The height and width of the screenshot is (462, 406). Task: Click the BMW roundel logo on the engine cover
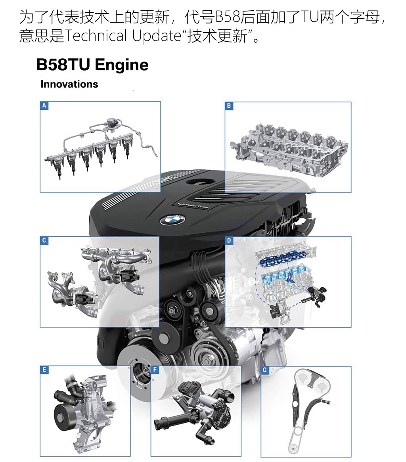[172, 220]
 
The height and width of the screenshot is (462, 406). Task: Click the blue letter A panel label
[44, 105]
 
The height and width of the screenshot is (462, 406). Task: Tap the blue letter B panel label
[229, 106]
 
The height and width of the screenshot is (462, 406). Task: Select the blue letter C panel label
[44, 240]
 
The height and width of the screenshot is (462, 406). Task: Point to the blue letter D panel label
[229, 240]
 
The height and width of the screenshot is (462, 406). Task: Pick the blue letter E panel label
[44, 370]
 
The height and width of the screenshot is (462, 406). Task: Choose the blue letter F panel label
[155, 370]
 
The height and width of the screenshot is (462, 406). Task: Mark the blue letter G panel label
[265, 370]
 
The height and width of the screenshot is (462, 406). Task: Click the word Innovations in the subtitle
[69, 84]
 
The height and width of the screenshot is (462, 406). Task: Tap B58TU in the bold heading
[63, 65]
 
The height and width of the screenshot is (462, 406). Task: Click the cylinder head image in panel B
[289, 149]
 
